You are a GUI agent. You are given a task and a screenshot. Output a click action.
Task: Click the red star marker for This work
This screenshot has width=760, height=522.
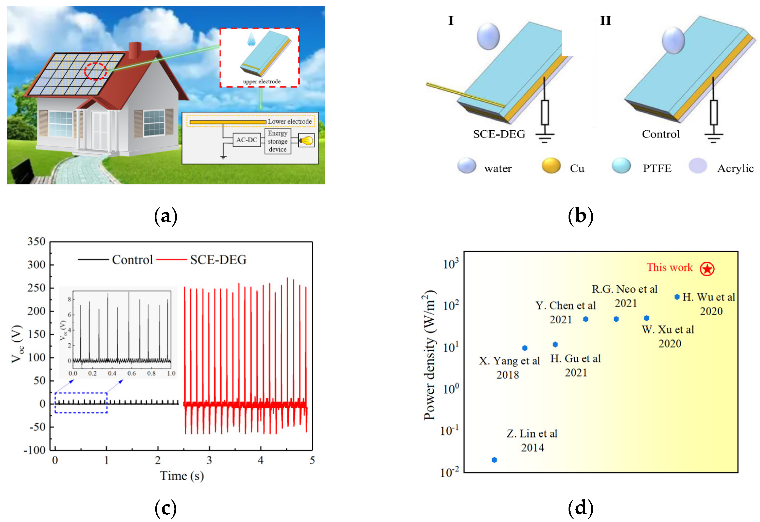707,269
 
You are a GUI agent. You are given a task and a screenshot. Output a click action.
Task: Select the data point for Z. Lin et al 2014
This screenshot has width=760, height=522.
494,460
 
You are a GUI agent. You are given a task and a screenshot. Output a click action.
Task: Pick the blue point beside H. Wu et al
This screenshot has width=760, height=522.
677,297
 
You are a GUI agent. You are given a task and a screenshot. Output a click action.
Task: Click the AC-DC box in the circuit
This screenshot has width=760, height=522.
246,140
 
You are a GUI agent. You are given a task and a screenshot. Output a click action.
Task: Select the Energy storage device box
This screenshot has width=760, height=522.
278,141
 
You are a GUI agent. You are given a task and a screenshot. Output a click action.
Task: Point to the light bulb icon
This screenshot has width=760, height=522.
306,140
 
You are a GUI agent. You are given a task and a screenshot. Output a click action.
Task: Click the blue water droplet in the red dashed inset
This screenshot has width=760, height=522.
251,39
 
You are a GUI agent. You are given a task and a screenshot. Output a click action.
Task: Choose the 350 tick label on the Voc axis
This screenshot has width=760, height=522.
36,242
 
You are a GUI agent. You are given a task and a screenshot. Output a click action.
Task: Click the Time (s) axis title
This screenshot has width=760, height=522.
182,476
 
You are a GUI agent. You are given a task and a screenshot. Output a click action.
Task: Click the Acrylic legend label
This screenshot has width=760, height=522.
735,168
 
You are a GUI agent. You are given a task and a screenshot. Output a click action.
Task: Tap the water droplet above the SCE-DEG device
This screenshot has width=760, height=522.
488,36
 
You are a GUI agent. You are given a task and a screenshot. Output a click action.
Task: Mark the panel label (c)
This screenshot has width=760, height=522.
166,508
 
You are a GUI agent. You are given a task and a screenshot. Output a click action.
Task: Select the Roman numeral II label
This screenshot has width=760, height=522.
605,21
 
